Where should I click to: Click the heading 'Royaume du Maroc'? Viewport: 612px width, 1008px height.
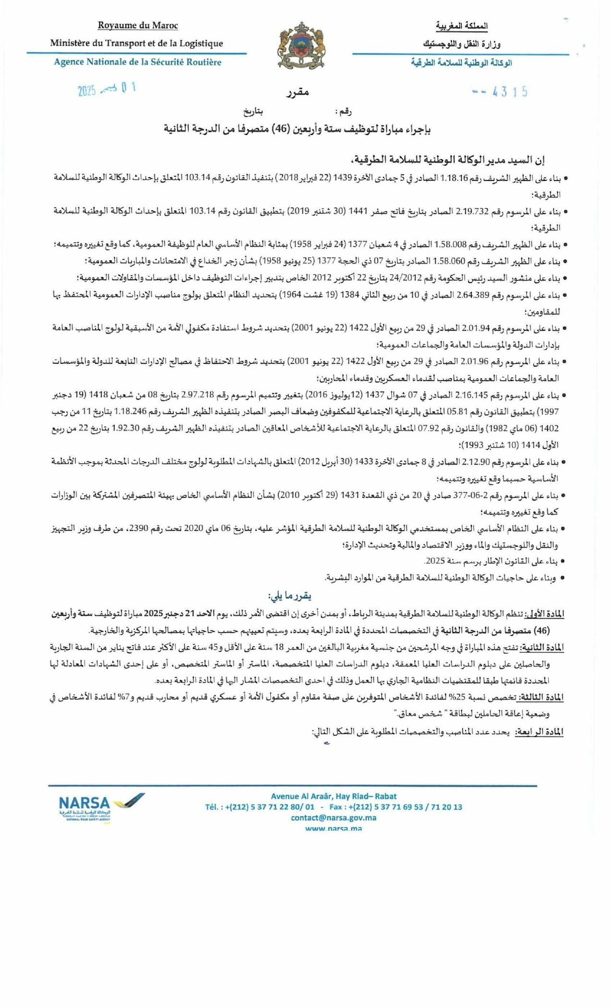click(138, 25)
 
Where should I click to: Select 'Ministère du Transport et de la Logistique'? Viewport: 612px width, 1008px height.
click(137, 43)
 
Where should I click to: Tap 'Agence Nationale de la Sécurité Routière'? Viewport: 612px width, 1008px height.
click(138, 62)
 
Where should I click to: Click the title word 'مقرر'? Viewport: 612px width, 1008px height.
click(298, 92)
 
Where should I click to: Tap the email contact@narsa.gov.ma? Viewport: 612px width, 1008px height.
click(333, 817)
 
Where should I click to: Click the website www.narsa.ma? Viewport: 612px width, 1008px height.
click(333, 828)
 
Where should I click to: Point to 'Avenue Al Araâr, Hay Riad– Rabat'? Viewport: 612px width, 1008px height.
click(333, 796)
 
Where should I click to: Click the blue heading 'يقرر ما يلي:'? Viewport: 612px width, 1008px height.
click(290, 596)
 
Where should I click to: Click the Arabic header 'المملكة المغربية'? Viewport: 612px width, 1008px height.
click(461, 26)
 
